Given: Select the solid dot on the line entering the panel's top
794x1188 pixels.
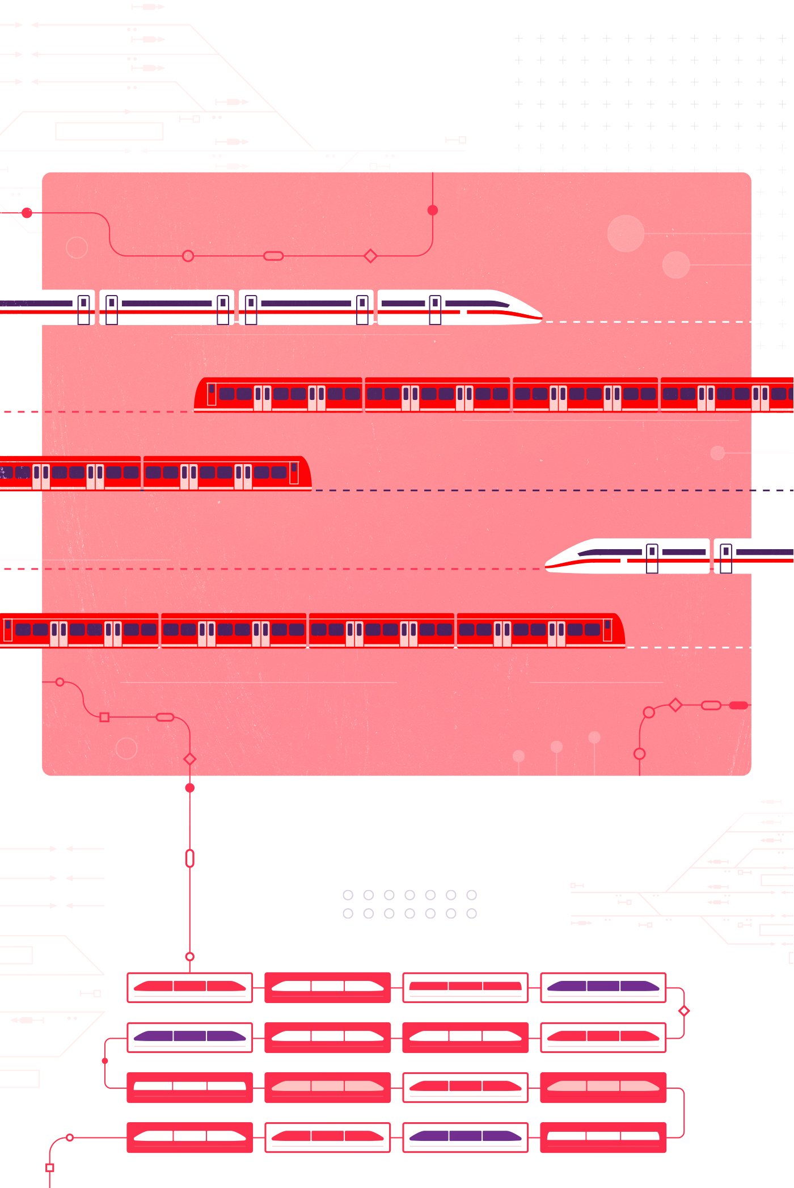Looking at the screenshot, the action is pos(433,210).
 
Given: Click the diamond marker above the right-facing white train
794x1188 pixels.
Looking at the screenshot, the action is pos(370,256).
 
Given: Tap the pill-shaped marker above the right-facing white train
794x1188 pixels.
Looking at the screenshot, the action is pos(273,256).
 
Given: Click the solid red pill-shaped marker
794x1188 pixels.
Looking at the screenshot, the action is pos(738,705).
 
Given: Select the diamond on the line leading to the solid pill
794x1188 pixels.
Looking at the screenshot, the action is pos(675,705).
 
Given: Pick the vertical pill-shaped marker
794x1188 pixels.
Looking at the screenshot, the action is pos(190,858).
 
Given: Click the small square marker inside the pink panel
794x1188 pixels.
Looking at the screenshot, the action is pos(104,717).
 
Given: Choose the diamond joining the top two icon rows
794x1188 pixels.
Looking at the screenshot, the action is pos(684,1011).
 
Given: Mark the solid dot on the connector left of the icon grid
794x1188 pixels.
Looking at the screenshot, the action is pos(105,1061).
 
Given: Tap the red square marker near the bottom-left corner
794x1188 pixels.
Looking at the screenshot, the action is pos(50,1168).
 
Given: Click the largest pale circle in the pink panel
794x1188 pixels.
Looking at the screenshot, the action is pos(626,233).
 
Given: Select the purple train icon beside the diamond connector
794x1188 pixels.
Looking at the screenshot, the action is pos(603,988).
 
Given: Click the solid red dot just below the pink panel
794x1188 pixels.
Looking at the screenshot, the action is pos(190,787).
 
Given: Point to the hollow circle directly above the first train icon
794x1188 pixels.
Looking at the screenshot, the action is pos(190,957).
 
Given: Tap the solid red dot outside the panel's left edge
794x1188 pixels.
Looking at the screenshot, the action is pos(27,213).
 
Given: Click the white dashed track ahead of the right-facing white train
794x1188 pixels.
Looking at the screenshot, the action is pos(647,322).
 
